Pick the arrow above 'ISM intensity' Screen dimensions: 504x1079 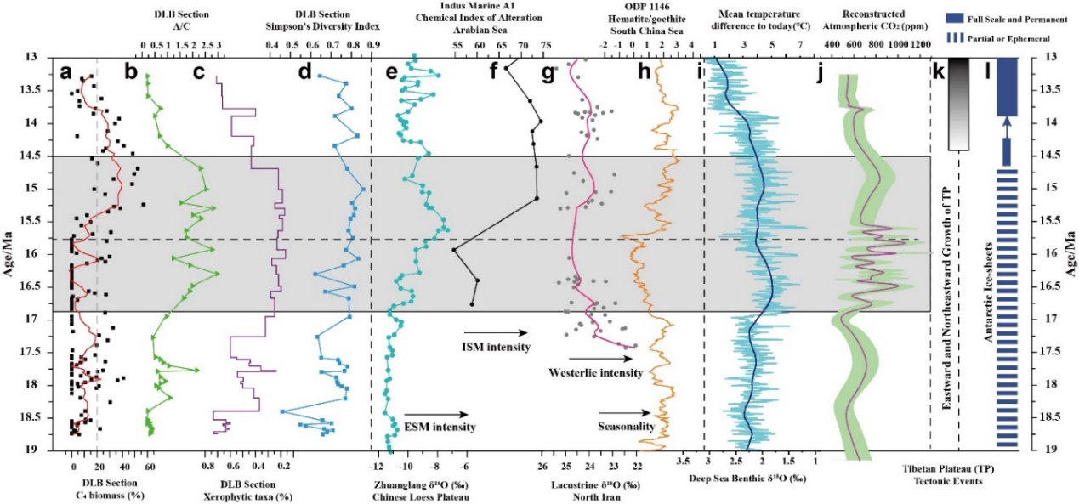pos(496,333)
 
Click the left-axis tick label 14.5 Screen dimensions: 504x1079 pos(41,156)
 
